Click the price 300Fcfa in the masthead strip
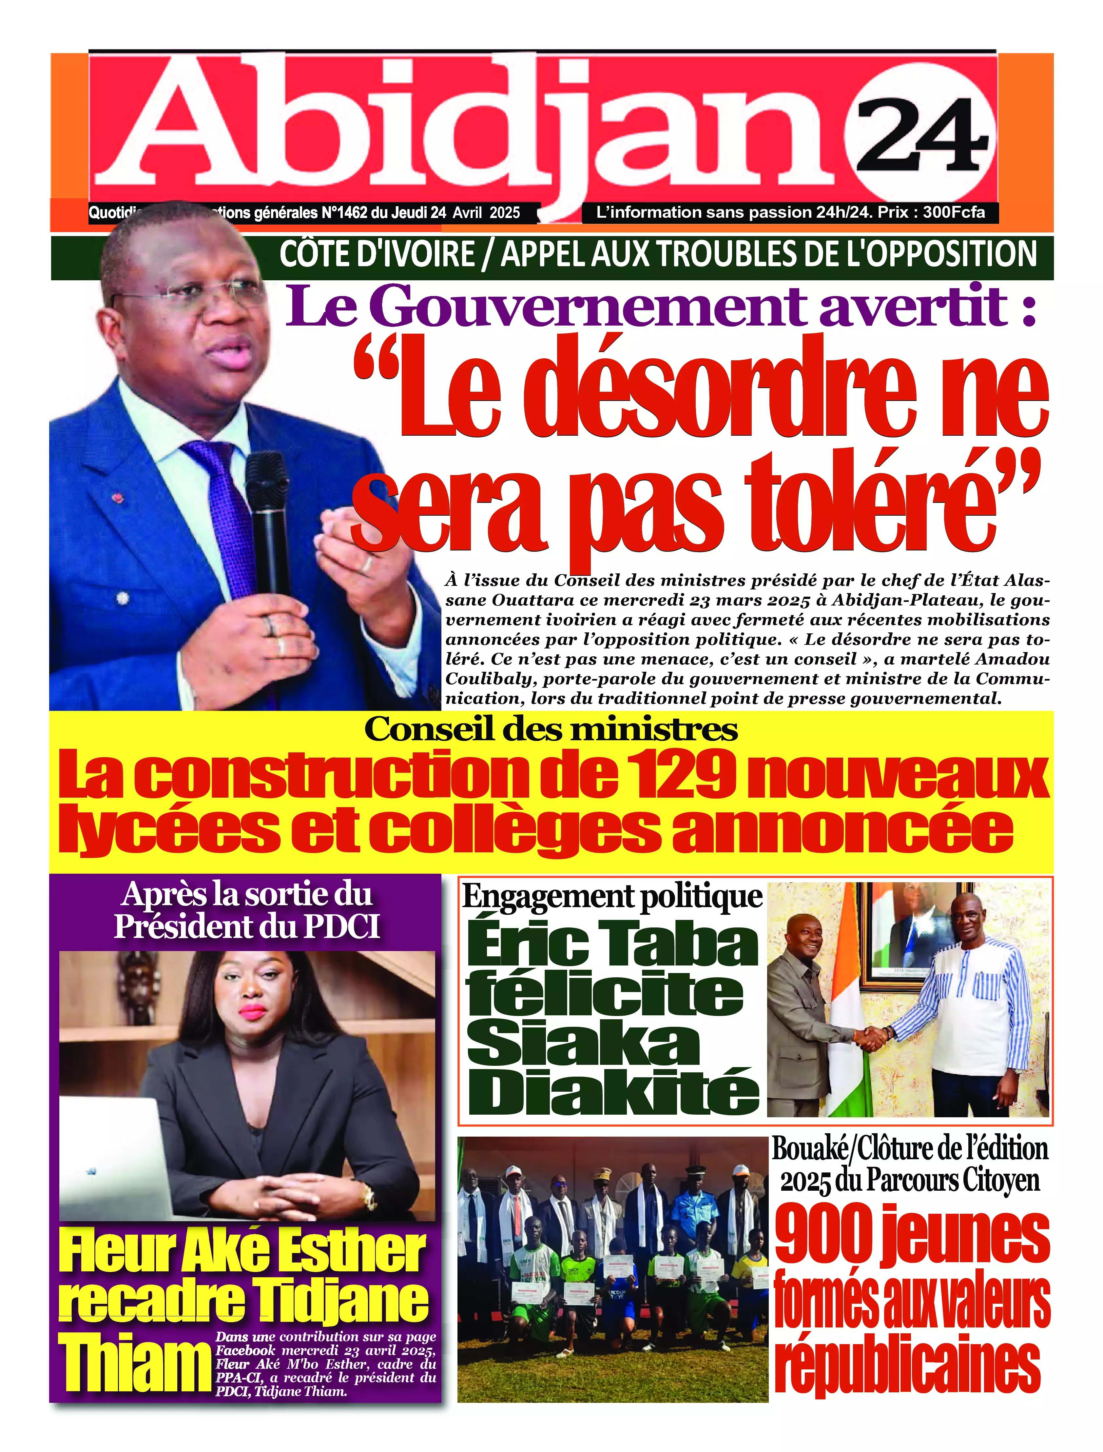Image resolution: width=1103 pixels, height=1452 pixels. (953, 212)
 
